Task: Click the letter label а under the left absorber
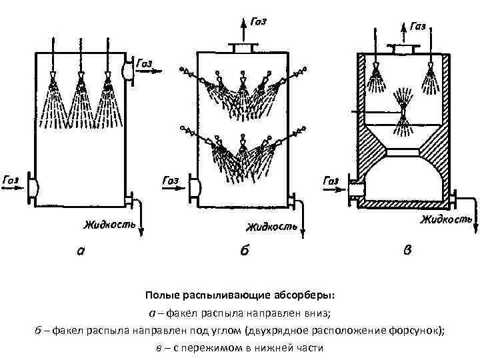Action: (x=81, y=251)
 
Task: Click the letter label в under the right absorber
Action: (x=408, y=251)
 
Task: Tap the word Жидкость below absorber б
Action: (x=271, y=227)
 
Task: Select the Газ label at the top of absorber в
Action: (x=418, y=26)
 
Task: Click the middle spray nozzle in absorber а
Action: (x=81, y=85)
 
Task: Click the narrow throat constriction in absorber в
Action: (x=403, y=153)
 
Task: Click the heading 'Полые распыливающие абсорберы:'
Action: (x=240, y=296)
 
